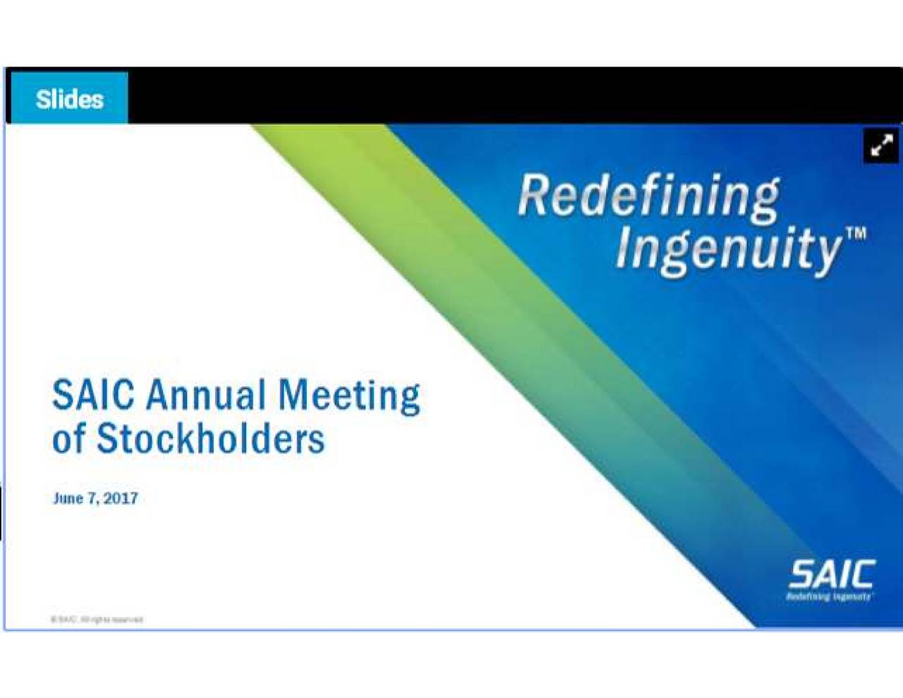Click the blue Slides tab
click(68, 99)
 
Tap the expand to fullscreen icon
click(881, 146)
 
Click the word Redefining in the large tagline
click(648, 196)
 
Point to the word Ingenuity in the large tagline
click(727, 248)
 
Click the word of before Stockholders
click(68, 439)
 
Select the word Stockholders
click(210, 439)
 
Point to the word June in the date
click(68, 498)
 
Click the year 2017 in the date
click(121, 498)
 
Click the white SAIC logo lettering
click(831, 574)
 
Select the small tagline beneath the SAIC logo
click(829, 597)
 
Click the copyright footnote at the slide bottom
click(97, 620)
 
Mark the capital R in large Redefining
click(535, 195)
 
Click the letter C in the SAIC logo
click(861, 574)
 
